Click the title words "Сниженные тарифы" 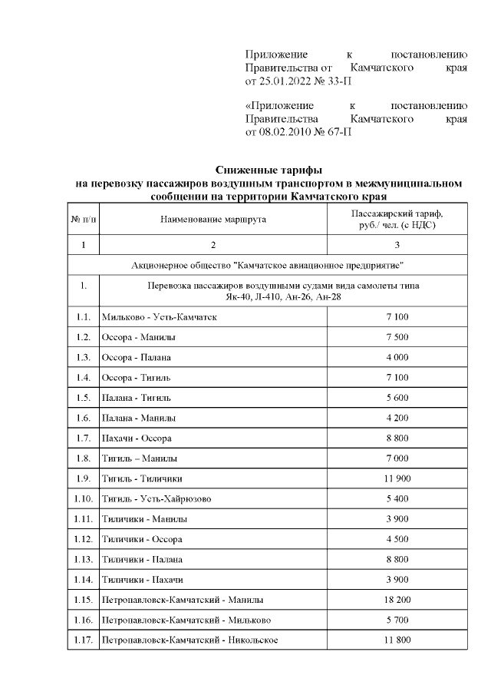269,170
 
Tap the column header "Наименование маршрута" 213,220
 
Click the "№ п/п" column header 84,220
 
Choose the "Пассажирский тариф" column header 397,214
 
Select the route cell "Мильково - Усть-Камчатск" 154,317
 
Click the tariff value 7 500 397,337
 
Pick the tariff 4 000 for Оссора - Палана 397,357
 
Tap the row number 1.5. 84,397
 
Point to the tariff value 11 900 397,478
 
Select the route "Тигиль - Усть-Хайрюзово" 157,498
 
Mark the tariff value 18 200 397,599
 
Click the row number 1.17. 84,639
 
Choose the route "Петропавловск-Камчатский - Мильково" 186,619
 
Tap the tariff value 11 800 397,639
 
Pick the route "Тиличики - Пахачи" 142,579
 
